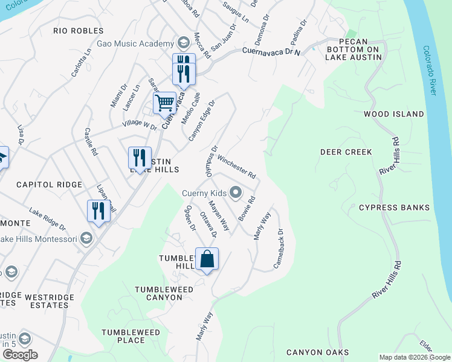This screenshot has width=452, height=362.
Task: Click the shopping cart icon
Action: (164, 103)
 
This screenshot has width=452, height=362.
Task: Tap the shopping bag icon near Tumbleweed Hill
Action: (207, 259)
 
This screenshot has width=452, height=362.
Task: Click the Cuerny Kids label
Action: (204, 193)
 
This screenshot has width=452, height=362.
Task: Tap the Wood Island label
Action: (393, 113)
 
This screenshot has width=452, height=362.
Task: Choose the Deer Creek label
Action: (346, 152)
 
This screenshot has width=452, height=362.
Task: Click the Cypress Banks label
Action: (394, 208)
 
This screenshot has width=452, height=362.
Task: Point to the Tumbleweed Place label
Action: (131, 336)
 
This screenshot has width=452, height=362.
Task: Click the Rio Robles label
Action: (78, 30)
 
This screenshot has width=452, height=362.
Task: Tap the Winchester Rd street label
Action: (237, 167)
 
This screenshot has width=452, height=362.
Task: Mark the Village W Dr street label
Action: (139, 125)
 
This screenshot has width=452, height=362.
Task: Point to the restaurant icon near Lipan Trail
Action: (96, 211)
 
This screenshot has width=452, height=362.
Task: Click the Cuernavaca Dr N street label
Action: (272, 52)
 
